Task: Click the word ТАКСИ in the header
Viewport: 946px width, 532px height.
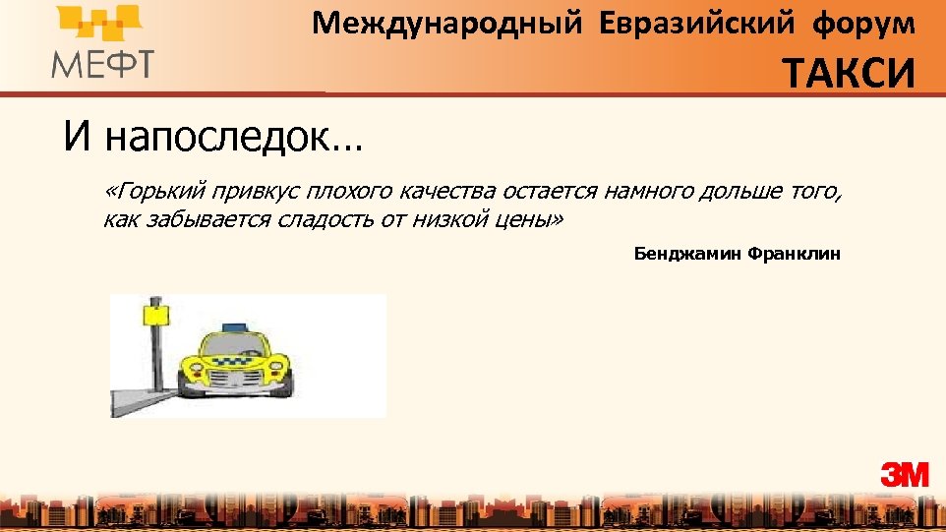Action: click(850, 73)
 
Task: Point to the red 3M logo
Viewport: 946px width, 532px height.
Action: click(905, 475)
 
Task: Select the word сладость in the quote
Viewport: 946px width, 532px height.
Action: click(320, 219)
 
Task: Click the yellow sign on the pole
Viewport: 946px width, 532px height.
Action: click(155, 314)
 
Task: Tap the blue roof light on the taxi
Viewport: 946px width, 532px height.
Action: click(235, 326)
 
